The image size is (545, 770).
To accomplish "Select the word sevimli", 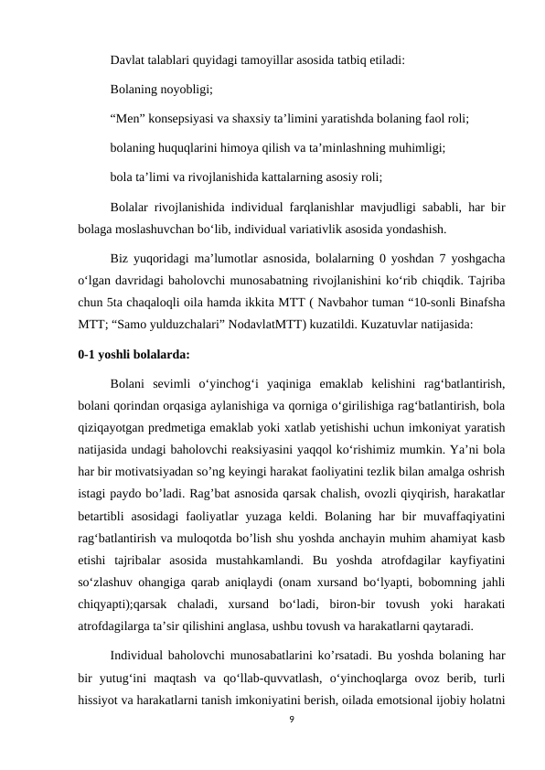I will [x=170, y=380].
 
